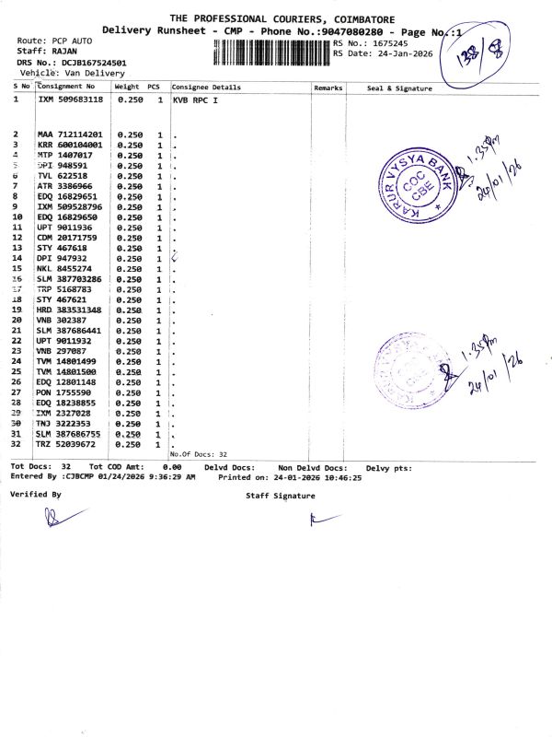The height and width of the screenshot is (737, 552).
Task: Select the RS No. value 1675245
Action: pos(396,42)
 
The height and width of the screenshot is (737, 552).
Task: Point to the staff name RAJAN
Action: pos(63,52)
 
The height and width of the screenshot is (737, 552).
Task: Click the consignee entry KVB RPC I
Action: pos(195,99)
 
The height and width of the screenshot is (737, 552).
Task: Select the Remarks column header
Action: pos(328,87)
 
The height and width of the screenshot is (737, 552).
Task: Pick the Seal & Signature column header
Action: pos(399,88)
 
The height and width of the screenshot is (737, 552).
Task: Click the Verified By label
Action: pos(35,495)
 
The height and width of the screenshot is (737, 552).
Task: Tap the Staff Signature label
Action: pos(280,496)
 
